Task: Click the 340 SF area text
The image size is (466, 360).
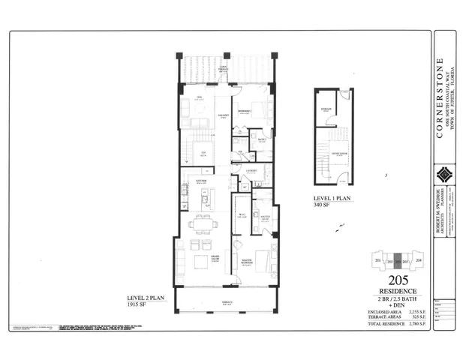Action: pos(323,206)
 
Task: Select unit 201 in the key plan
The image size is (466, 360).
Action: pos(377,260)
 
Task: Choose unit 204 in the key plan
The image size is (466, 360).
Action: pos(418,260)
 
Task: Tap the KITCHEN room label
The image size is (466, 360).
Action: pos(202,181)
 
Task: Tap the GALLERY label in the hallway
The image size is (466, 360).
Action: pos(223,115)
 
